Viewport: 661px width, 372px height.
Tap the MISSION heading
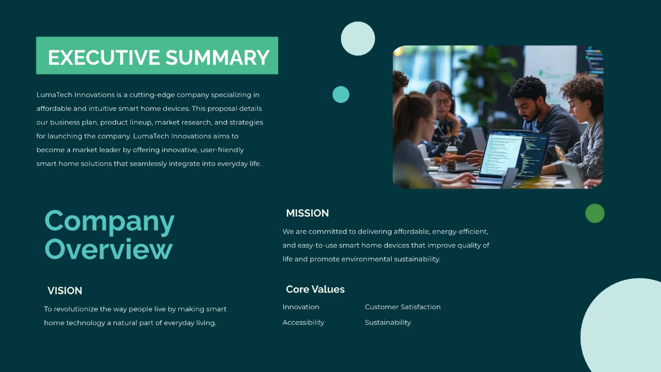307,213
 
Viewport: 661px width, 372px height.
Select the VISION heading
65,290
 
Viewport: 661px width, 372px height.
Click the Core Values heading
315,289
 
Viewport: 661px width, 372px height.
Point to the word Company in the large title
110,222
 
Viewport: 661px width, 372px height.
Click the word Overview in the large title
109,249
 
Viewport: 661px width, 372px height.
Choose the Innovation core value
301,307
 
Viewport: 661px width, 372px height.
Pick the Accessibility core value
304,322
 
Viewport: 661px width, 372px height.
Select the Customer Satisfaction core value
403,307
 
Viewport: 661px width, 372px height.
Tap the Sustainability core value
388,322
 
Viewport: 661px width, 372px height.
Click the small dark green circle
595,213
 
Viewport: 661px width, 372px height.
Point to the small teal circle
341,94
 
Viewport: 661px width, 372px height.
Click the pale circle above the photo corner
358,39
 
